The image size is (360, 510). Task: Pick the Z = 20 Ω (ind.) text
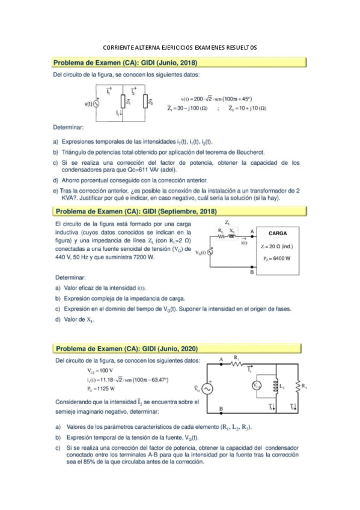point(277,246)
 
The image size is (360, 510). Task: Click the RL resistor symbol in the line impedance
point(221,235)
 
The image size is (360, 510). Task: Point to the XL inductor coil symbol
point(234,235)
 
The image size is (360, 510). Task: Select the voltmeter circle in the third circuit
point(257,386)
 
